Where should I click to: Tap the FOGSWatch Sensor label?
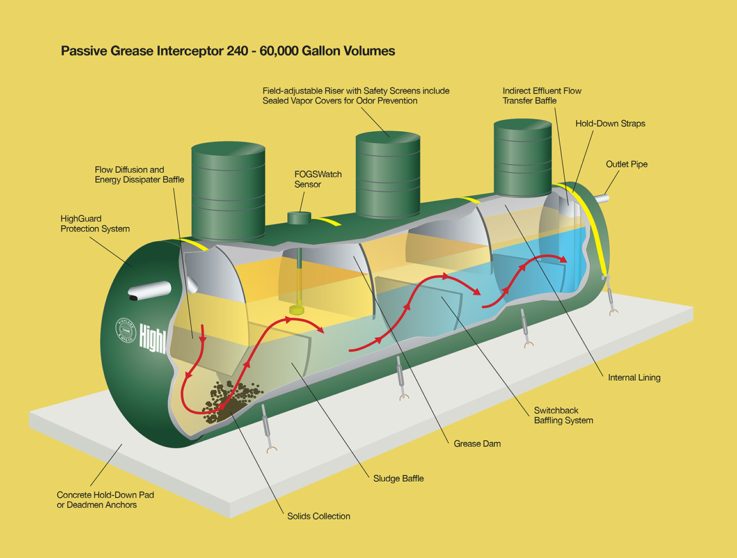[318, 179]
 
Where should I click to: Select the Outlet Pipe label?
[626, 164]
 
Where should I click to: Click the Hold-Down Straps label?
[610, 124]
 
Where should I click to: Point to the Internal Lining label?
[634, 378]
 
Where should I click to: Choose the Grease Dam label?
[477, 443]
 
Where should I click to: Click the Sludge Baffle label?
[399, 479]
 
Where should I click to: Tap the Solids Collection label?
[319, 516]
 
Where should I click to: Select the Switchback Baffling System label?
[564, 415]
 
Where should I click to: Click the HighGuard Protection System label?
[95, 224]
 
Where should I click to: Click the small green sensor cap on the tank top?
[299, 218]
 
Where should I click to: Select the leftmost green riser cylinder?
[228, 191]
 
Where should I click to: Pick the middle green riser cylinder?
[388, 175]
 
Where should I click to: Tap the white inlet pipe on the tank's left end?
[150, 290]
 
